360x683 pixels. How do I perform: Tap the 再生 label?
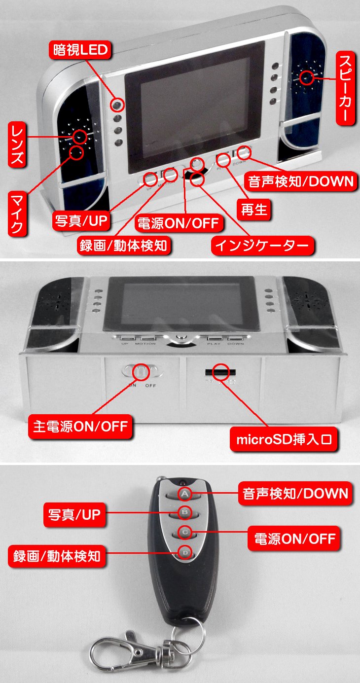coord(254,210)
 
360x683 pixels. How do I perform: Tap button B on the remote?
coord(184,513)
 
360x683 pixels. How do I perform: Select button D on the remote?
coord(183,553)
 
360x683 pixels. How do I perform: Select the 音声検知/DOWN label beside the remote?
coord(295,493)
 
